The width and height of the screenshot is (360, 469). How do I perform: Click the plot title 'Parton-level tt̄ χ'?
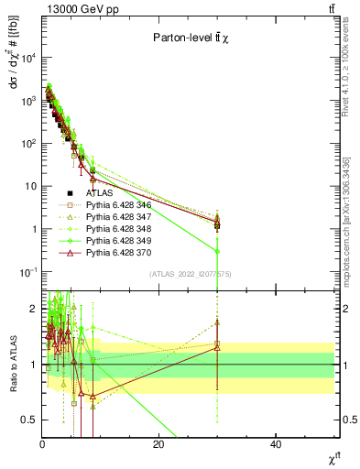196,38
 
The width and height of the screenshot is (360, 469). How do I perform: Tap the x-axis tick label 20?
158,444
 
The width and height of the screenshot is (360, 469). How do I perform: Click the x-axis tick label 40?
276,444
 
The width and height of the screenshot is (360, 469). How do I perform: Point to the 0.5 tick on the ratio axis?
30,420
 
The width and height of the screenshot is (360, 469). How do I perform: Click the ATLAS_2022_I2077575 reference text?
191,274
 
